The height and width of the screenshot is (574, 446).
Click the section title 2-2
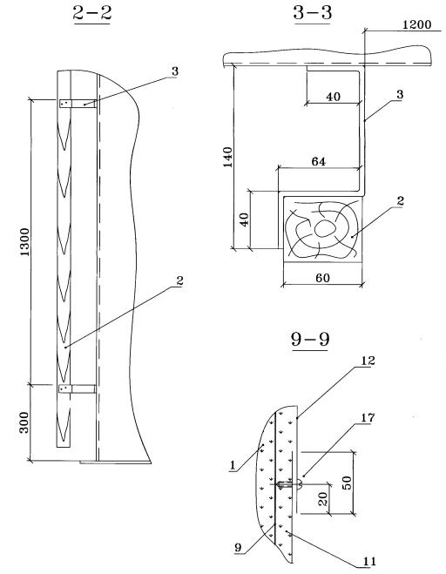92,13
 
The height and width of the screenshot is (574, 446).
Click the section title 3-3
313,12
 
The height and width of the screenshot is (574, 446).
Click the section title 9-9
310,339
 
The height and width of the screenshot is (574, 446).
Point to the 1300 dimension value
24,242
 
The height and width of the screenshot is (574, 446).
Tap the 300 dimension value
24,422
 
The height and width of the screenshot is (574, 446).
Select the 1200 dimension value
416,25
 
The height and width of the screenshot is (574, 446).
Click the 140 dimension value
227,157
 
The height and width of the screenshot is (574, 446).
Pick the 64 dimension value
318,161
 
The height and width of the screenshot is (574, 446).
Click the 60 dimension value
322,278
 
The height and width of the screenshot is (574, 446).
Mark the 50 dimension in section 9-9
348,483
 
